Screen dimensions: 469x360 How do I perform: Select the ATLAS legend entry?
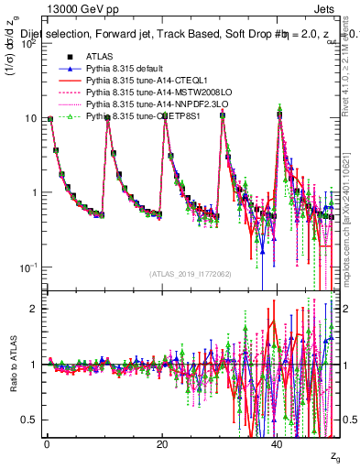point(100,56)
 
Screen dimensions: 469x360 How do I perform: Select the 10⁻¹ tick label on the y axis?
point(28,267)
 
